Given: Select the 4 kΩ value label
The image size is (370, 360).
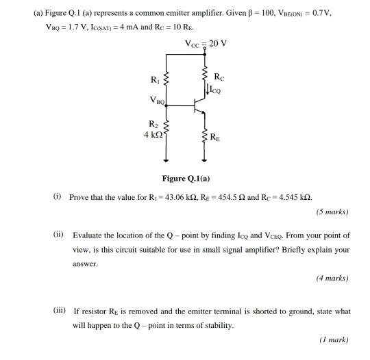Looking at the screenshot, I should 152,133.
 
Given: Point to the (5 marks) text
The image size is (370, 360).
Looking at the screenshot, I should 332,211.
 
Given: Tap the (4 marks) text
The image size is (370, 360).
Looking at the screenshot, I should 332,278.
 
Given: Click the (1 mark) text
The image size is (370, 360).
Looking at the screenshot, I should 334,339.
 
